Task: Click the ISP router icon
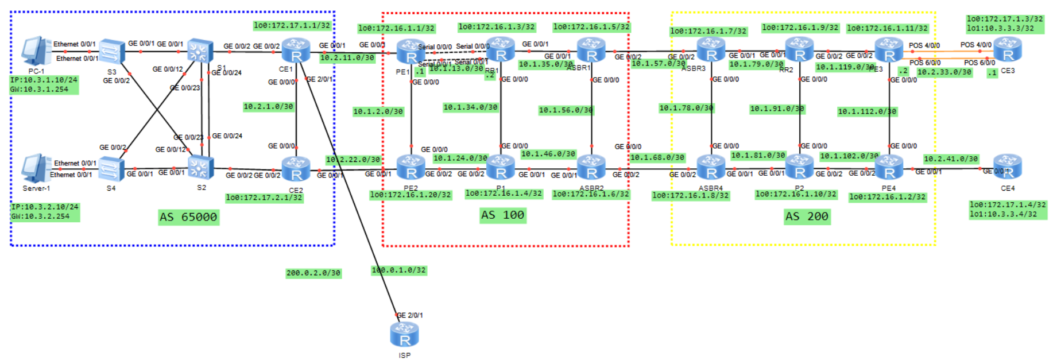(x=404, y=334)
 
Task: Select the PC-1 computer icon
(x=36, y=51)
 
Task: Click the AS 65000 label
(x=188, y=217)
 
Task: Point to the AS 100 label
(x=502, y=215)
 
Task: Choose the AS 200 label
(x=807, y=216)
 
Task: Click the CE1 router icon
(x=296, y=51)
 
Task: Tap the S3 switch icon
(x=112, y=52)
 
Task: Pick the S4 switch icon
(x=111, y=169)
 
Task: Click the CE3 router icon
(x=1007, y=51)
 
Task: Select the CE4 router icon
(x=1007, y=167)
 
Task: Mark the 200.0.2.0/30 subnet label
(x=313, y=273)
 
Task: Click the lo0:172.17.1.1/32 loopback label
(x=292, y=25)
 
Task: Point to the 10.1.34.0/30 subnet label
(x=470, y=107)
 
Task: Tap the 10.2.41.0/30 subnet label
(x=950, y=159)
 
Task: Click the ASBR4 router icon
(x=711, y=168)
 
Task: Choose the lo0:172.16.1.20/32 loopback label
(x=411, y=195)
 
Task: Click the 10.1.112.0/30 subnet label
(x=866, y=111)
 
